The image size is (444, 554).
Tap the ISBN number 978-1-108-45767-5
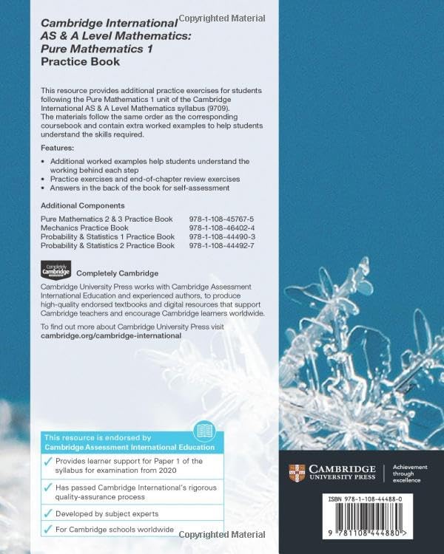[221, 219]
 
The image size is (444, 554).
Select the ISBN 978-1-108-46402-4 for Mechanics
[221, 228]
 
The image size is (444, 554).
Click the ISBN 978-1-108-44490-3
[221, 237]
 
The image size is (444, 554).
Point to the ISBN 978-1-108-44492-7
[221, 246]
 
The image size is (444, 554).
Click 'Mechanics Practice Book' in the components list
[84, 228]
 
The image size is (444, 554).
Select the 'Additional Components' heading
[82, 205]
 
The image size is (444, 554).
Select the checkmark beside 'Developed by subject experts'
[48, 513]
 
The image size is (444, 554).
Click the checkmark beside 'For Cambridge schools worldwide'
[48, 530]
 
